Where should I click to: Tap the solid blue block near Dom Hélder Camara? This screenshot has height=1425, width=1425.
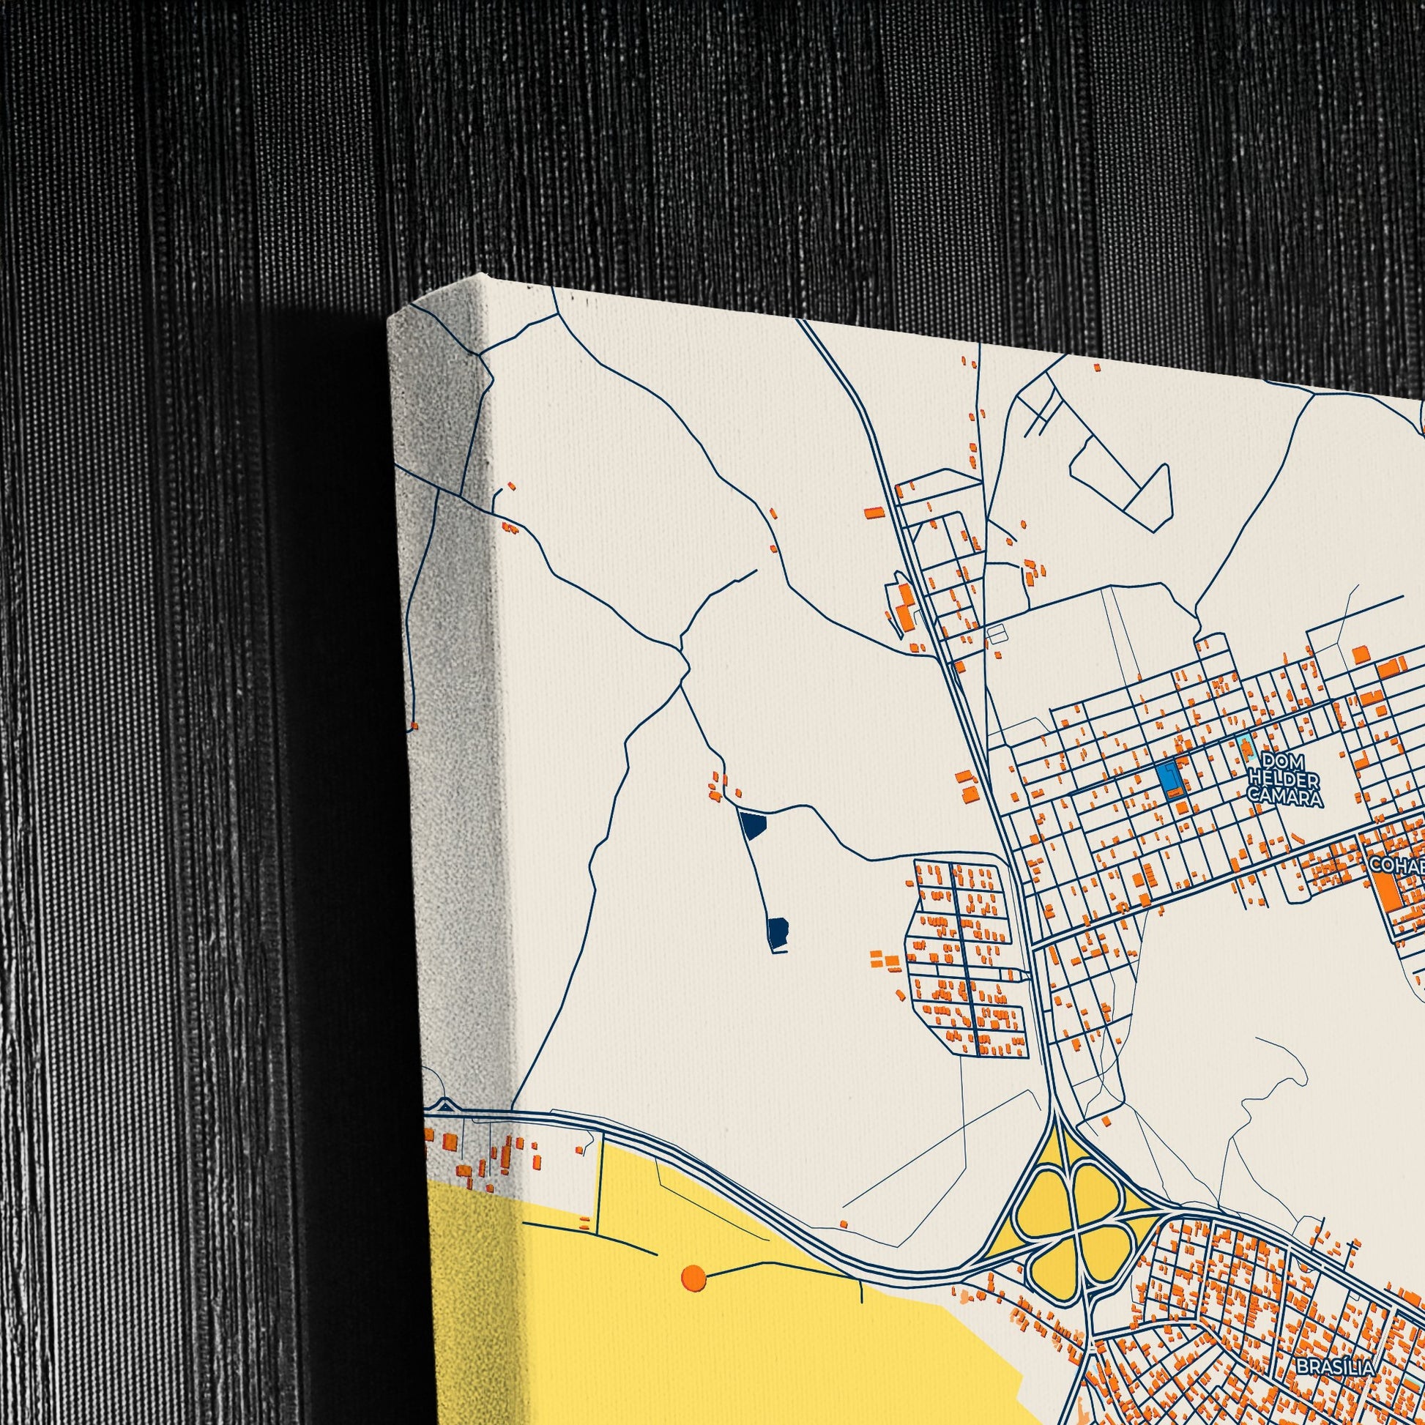pos(1167,779)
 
